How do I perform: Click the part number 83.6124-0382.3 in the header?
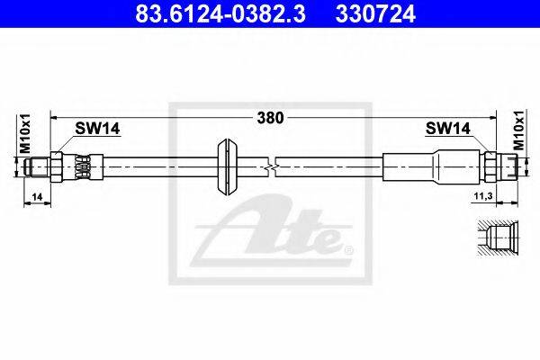pos(220,13)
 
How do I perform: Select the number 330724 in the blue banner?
pos(375,13)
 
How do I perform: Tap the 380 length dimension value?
pos(270,118)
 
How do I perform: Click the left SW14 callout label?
pos(97,129)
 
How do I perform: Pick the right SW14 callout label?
pos(447,129)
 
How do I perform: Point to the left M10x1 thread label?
pos(25,133)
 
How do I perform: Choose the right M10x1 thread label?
pos(518,130)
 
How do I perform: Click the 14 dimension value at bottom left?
pos(37,197)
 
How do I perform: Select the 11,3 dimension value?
pos(482,196)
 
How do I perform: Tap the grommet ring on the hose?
pos(228,167)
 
